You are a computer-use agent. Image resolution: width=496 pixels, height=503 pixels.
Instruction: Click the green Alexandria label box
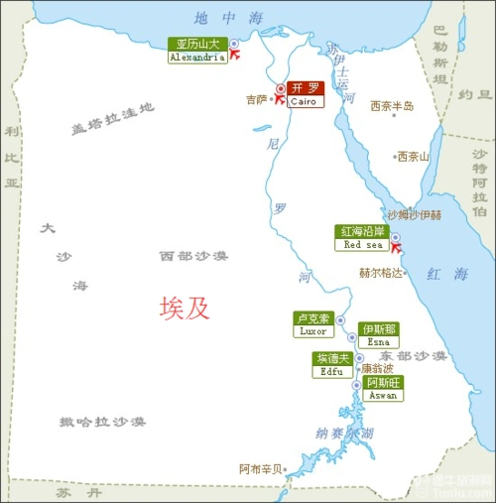[196, 51]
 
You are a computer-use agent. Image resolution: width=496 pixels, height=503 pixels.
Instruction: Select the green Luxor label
[312, 324]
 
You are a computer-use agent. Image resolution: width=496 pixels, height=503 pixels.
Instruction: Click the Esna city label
[378, 334]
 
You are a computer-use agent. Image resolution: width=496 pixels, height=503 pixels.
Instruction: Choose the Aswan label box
[383, 388]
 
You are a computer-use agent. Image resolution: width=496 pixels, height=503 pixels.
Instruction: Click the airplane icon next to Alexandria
[235, 58]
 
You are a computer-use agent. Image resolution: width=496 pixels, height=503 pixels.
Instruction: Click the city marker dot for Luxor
[339, 321]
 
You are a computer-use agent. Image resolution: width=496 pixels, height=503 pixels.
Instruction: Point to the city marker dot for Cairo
[281, 88]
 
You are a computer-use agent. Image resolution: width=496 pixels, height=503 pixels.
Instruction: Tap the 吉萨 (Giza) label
[256, 99]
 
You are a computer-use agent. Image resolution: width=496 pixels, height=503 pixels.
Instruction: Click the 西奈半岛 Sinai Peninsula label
[391, 106]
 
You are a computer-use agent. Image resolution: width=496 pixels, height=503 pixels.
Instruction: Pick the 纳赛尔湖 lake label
[344, 433]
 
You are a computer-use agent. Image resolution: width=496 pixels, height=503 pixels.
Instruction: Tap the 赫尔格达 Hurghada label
[381, 272]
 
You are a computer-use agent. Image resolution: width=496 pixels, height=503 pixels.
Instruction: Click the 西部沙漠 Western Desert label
[193, 256]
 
